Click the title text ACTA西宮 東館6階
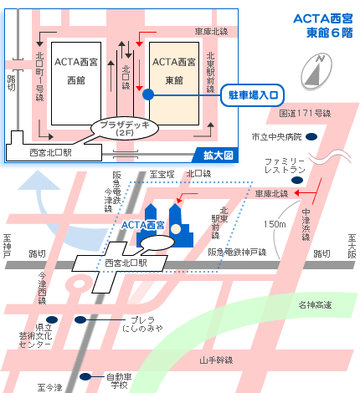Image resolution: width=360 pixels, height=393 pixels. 323,25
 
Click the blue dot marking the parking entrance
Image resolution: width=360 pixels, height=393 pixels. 147,94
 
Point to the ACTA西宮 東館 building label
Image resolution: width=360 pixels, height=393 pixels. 173,70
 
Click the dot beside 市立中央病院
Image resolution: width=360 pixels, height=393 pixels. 311,135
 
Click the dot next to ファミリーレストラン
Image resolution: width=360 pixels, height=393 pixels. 311,165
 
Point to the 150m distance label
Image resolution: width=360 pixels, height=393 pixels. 274,224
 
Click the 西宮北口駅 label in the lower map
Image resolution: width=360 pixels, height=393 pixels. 126,263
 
